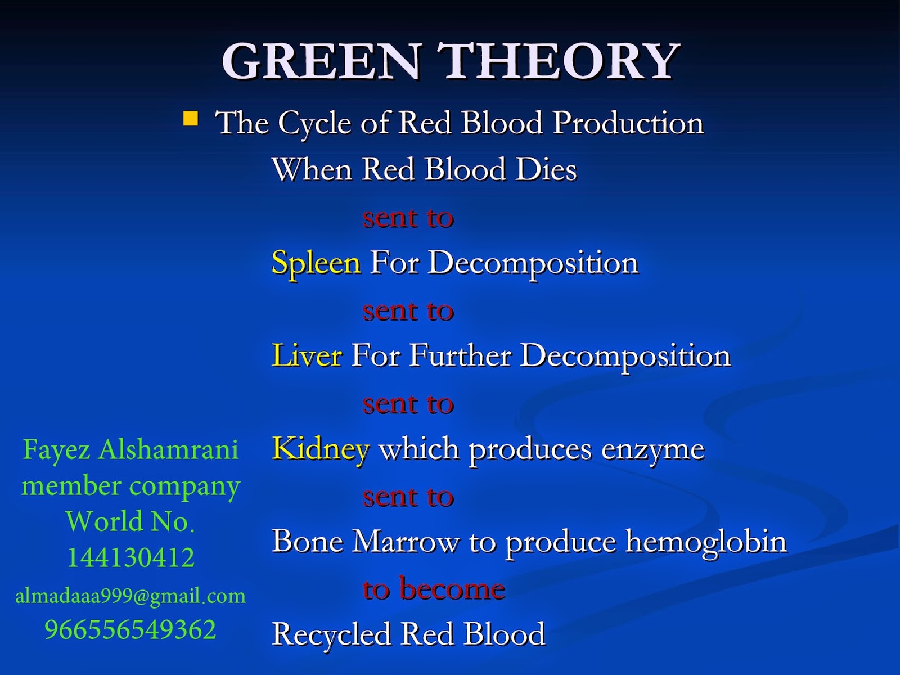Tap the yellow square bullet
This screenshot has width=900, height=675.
click(191, 119)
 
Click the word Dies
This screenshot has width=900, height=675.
click(546, 169)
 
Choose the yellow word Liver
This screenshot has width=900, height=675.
click(307, 355)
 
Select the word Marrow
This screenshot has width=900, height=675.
click(405, 542)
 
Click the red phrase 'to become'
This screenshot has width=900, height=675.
click(434, 589)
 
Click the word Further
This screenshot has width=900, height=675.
click(461, 355)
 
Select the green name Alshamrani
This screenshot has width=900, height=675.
click(169, 449)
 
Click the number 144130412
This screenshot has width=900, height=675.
click(131, 558)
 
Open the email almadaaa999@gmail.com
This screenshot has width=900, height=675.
click(130, 596)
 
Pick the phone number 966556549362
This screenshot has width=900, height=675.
click(130, 629)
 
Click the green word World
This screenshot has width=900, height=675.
click(103, 521)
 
